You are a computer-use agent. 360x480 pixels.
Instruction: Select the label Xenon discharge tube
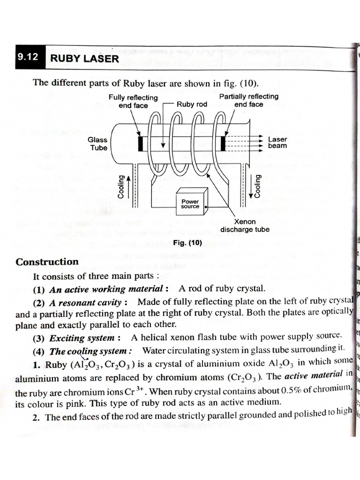click(x=245, y=225)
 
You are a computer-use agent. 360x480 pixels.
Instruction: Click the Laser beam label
click(x=277, y=142)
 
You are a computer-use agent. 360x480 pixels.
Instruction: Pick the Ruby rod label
click(x=192, y=105)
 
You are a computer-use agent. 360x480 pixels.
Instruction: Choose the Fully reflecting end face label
click(x=133, y=101)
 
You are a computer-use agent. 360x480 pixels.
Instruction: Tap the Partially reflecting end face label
click(x=248, y=100)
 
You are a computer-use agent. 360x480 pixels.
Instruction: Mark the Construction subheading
click(x=47, y=262)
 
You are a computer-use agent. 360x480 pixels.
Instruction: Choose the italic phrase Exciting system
click(x=82, y=338)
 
